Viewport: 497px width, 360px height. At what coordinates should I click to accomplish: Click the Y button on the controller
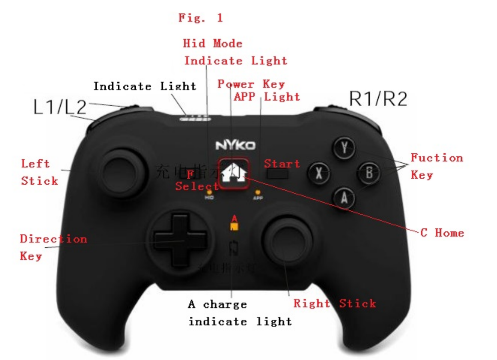click(x=345, y=148)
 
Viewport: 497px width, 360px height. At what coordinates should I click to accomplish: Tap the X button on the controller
click(x=319, y=173)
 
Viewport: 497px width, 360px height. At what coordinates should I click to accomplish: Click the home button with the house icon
click(x=233, y=174)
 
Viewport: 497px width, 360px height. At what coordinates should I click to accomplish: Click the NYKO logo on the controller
click(x=235, y=146)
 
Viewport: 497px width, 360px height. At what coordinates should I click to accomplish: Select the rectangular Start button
click(x=278, y=175)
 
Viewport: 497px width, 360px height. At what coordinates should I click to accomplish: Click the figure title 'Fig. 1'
click(x=200, y=18)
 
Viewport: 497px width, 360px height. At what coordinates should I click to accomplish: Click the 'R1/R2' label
click(x=378, y=99)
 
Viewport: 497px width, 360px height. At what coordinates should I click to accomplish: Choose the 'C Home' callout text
click(x=442, y=233)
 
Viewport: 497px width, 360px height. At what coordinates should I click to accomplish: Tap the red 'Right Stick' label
click(x=334, y=303)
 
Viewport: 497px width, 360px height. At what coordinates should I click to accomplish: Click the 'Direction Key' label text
click(x=53, y=247)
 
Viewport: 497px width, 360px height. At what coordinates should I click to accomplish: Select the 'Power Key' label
click(x=251, y=84)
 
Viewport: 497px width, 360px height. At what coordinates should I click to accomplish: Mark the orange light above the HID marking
click(x=209, y=192)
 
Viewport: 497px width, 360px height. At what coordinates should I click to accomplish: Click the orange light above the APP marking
click(x=258, y=192)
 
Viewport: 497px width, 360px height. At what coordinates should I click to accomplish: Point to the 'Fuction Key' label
click(x=436, y=166)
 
